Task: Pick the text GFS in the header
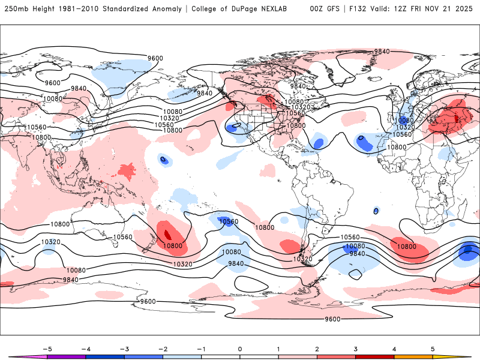(x=332, y=9)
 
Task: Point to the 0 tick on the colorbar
(x=240, y=348)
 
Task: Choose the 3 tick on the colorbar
(x=355, y=348)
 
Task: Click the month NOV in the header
(x=446, y=9)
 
